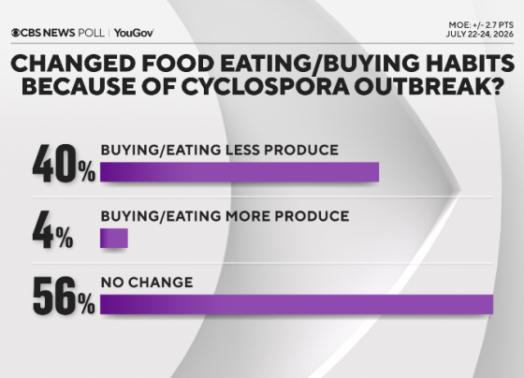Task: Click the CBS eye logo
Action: [x=15, y=33]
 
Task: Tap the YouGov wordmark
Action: [x=134, y=33]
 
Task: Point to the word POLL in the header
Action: [x=92, y=33]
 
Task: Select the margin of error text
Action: [x=481, y=25]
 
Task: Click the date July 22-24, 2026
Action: [x=479, y=34]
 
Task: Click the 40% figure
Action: [x=64, y=164]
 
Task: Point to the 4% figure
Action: [x=52, y=230]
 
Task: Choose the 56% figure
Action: [x=64, y=296]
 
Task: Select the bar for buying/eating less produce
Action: [x=240, y=172]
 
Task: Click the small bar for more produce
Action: [x=114, y=239]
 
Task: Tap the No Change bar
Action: [x=297, y=304]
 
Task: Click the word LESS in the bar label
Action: [x=242, y=150]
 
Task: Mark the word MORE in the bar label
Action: [x=248, y=216]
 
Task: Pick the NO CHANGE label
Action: [x=147, y=283]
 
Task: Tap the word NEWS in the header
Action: [x=59, y=33]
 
